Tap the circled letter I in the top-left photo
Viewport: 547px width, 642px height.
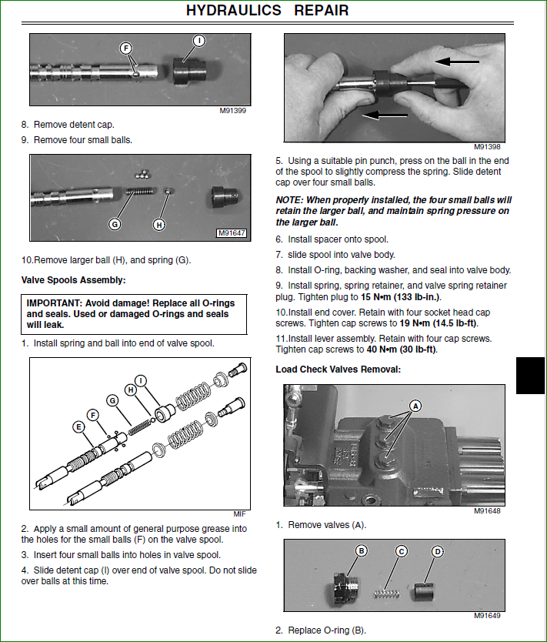pos(198,40)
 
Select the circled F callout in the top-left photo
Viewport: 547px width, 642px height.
pos(126,48)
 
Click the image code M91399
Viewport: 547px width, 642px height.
pos(233,111)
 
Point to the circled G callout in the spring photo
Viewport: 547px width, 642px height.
pos(115,224)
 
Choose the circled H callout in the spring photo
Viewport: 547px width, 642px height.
pos(159,224)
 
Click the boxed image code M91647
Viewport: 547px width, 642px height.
pos(231,233)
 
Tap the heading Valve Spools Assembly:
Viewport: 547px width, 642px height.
pos(73,279)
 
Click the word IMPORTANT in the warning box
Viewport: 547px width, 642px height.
pos(55,303)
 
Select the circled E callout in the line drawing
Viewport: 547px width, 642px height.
pos(78,426)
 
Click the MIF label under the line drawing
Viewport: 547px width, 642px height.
pos(239,514)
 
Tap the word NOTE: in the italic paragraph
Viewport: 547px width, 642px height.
pos(291,199)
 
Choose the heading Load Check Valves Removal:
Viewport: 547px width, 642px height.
pos(338,369)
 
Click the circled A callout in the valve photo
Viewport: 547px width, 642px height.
pos(415,405)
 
